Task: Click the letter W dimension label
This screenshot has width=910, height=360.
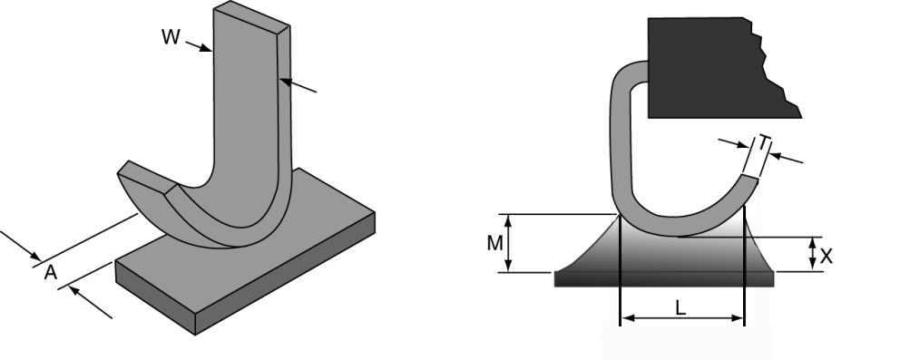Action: click(170, 37)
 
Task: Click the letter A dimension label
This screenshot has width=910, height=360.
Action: click(52, 271)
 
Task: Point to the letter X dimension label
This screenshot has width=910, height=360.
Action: click(826, 257)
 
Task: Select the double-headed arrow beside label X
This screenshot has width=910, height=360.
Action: click(811, 254)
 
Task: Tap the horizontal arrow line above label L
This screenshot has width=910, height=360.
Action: click(680, 319)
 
